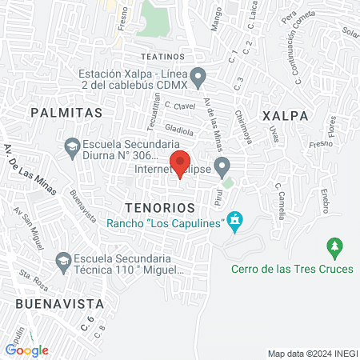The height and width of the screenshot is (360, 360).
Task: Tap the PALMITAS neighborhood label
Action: click(x=66, y=114)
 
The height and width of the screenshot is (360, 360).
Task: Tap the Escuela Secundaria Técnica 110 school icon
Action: click(x=62, y=261)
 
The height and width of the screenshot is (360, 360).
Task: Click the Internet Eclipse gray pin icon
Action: click(x=223, y=167)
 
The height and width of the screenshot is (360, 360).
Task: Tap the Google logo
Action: click(x=26, y=350)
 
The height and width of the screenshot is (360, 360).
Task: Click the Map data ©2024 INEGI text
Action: click(x=311, y=353)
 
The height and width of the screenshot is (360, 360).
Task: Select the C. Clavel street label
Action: click(x=179, y=106)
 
